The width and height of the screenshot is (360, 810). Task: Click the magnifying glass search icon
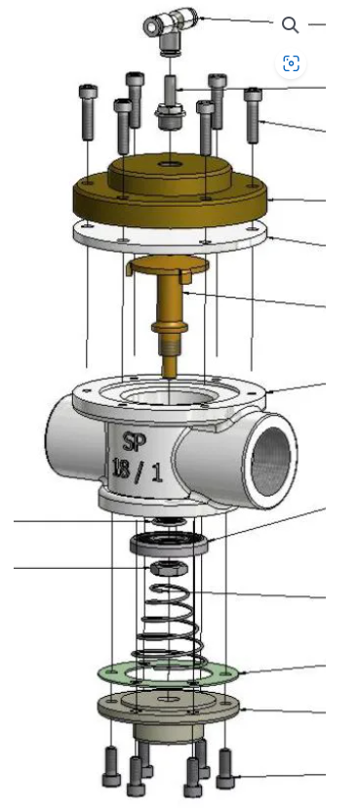(x=291, y=24)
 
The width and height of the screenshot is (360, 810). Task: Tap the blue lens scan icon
(x=292, y=63)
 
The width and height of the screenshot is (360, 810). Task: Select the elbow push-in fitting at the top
(x=170, y=28)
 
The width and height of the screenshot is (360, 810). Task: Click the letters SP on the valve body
(x=135, y=442)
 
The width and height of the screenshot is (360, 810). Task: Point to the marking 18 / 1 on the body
(x=138, y=470)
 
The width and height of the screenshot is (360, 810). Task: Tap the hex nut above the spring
(x=169, y=568)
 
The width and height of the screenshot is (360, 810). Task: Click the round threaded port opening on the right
(x=268, y=461)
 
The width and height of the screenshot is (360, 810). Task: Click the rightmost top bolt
(x=253, y=115)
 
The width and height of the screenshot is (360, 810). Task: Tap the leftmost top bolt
(x=89, y=112)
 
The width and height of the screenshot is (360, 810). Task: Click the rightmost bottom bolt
(x=225, y=769)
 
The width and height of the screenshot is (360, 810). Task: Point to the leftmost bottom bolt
(x=111, y=766)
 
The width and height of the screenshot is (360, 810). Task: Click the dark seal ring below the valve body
(x=170, y=545)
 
